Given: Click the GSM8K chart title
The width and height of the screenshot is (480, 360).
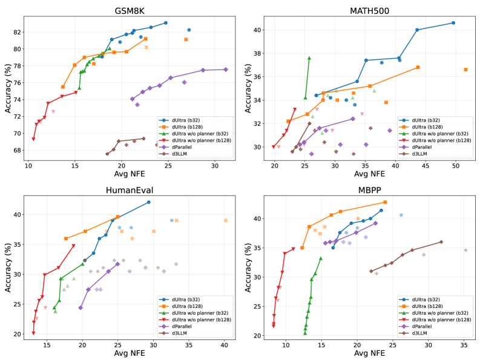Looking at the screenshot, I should click(x=129, y=11).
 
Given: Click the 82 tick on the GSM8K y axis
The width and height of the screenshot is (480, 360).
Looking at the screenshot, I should click(x=19, y=32).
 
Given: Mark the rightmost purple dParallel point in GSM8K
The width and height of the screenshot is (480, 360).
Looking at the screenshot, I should click(x=226, y=70).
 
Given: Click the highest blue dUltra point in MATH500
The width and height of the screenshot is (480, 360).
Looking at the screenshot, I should click(x=453, y=23).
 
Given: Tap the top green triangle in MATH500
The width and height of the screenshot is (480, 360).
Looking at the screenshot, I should click(x=309, y=58).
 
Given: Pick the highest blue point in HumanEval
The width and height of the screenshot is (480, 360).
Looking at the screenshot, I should click(x=148, y=202).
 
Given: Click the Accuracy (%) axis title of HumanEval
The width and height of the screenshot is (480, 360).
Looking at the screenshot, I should click(x=8, y=266).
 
